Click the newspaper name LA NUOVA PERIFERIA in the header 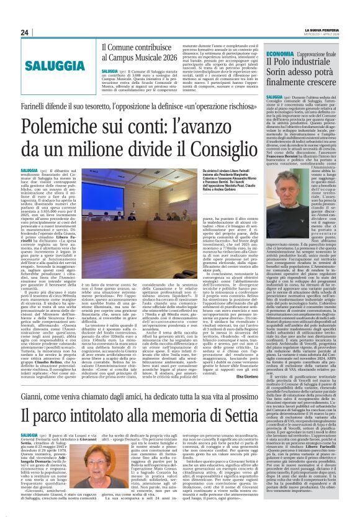322,30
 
